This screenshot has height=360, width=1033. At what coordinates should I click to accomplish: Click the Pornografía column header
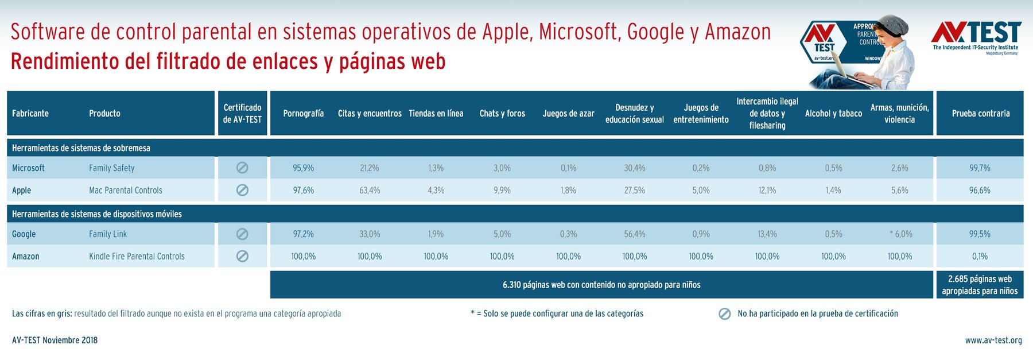303,114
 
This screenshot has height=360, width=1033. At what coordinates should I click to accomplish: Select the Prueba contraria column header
980,114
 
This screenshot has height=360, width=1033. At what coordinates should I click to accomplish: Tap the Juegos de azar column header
568,114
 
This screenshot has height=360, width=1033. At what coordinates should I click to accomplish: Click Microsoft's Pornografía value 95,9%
303,168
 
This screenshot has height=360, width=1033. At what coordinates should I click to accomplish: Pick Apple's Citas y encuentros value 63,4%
370,191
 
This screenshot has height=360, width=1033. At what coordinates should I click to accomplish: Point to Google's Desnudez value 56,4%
634,234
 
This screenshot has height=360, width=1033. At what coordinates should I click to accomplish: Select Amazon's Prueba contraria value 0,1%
980,257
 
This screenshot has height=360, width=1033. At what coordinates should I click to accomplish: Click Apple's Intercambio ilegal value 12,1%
767,191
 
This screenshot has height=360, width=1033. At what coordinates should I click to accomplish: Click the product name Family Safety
112,168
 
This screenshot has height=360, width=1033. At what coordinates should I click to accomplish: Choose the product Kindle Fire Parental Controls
137,257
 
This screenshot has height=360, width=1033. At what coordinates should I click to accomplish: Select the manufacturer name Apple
22,191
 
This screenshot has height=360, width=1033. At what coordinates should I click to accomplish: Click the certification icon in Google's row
242,234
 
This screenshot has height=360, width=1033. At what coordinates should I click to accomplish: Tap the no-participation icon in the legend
725,314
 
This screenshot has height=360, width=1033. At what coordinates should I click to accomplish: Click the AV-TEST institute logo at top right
976,37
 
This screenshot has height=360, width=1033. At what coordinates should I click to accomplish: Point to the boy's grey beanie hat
893,26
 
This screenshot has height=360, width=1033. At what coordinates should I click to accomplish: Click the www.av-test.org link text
993,340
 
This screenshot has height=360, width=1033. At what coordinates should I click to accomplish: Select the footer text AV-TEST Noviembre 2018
55,340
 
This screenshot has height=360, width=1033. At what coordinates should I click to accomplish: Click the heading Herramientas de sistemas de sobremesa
81,148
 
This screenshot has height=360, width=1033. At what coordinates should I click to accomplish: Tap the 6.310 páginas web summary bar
601,285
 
